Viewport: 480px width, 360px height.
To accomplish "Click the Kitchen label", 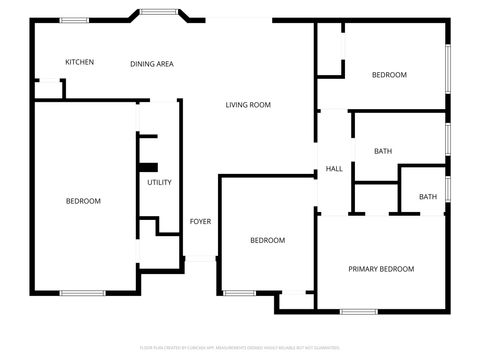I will [x=80, y=62].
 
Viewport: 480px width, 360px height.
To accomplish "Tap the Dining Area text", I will [x=152, y=64].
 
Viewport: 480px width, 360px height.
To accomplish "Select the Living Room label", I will [x=248, y=105].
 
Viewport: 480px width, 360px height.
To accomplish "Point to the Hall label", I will [x=334, y=169].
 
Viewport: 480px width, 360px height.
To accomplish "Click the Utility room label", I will [x=159, y=182].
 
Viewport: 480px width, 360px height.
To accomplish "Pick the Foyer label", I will [x=200, y=221].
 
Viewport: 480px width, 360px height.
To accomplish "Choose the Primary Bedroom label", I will [x=381, y=269].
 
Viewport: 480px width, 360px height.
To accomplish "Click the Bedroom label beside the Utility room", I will [x=83, y=201].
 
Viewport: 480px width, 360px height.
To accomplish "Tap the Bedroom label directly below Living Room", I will [x=267, y=240].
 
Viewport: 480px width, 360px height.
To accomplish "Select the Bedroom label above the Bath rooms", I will [x=389, y=75].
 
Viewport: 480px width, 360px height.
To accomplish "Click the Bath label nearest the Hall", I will [x=383, y=151].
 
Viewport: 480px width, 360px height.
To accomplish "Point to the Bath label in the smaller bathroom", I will [x=428, y=197].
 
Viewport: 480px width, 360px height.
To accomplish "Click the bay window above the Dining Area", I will [x=157, y=12].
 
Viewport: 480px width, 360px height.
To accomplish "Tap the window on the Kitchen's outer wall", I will [x=73, y=19].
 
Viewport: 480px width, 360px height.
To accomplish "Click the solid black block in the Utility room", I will [x=148, y=167].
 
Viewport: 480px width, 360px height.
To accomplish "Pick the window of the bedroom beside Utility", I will [x=82, y=293].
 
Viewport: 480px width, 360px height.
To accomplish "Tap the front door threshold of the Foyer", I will [x=200, y=259].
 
